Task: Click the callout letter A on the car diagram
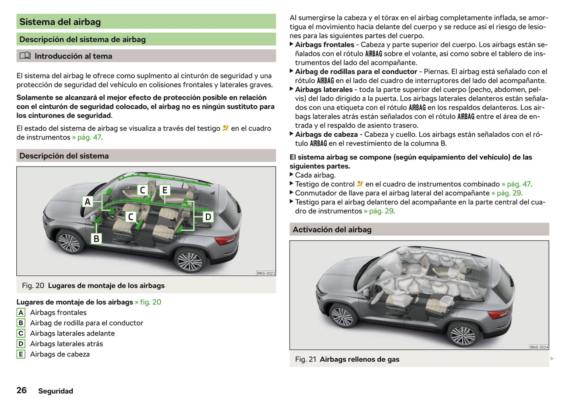pos(88,202)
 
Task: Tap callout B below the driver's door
pos(96,238)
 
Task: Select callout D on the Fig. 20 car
pos(208,217)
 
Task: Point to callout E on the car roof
pos(164,190)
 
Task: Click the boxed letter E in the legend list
pos(21,354)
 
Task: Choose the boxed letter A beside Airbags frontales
pos(21,313)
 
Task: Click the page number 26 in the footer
pos(21,390)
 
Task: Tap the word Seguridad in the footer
pos(56,391)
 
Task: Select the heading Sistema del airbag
pos(60,22)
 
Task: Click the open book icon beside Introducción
pos(25,56)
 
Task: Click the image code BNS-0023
pos(266,273)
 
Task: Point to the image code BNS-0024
pos(539,347)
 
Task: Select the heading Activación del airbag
pos(332,230)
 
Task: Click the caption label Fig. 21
pos(305,359)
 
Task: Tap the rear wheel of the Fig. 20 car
pos(189,261)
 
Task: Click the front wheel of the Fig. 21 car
pos(342,316)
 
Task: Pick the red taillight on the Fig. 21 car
pos(499,314)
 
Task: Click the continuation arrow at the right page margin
pos(552,358)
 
